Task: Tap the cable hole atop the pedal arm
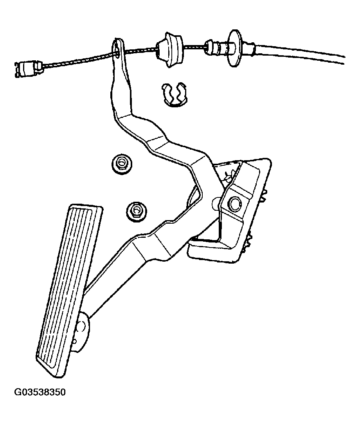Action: pyautogui.click(x=118, y=48)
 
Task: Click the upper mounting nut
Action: pyautogui.click(x=121, y=164)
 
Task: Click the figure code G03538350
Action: pyautogui.click(x=40, y=392)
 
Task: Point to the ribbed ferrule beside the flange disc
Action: pyautogui.click(x=216, y=47)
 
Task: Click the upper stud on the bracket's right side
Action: pyautogui.click(x=264, y=195)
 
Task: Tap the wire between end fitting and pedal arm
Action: pyautogui.click(x=79, y=60)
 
